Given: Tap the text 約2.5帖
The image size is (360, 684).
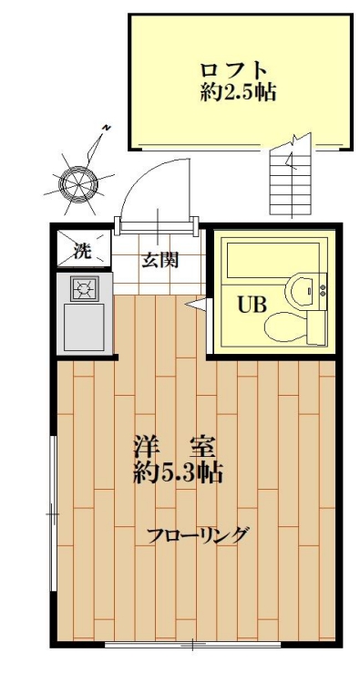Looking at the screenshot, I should point(238,92).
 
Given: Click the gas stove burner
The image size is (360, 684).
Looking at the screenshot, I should point(84,289).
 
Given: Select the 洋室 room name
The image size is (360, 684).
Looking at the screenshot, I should point(173,448).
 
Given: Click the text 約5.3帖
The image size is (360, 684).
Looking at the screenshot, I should point(179,473).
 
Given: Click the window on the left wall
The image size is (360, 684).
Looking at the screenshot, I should point(53,514).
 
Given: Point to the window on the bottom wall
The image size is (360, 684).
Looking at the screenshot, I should point(192,646).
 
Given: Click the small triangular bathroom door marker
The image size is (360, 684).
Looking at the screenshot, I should point(194,306).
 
